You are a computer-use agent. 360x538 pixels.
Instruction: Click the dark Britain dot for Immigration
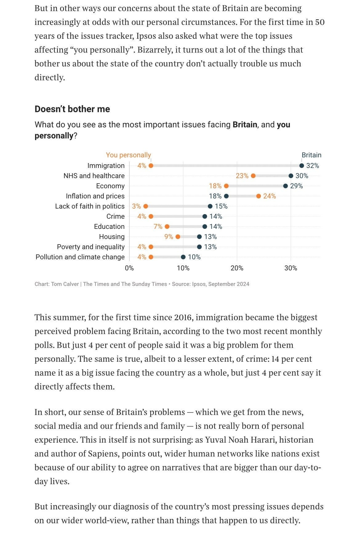coord(302,166)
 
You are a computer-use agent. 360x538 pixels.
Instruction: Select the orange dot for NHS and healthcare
coord(253,176)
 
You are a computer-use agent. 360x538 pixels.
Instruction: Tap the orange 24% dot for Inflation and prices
coord(258,196)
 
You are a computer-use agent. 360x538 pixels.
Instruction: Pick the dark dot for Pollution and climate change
coord(183,257)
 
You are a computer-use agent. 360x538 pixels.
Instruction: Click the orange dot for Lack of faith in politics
coord(146,206)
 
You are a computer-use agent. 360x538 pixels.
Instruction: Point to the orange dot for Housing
coord(178,237)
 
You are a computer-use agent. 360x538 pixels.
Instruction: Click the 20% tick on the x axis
coord(237,268)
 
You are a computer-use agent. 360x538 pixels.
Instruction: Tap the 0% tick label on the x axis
coord(129,268)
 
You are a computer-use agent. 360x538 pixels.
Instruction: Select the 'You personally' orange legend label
coord(128,155)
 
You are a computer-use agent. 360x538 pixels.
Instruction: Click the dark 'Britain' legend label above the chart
coord(311,155)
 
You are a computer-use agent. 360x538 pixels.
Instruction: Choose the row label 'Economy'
coord(110,186)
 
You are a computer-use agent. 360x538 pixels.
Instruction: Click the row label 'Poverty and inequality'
coord(91,247)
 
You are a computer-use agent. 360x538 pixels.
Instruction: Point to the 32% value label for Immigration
coord(313,166)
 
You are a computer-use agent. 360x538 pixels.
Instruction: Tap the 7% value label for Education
coord(158,227)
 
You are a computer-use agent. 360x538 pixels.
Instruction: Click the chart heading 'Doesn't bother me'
coord(72,109)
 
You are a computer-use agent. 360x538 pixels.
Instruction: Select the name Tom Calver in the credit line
coord(65,284)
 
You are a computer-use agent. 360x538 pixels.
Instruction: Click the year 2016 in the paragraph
coord(184,317)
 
